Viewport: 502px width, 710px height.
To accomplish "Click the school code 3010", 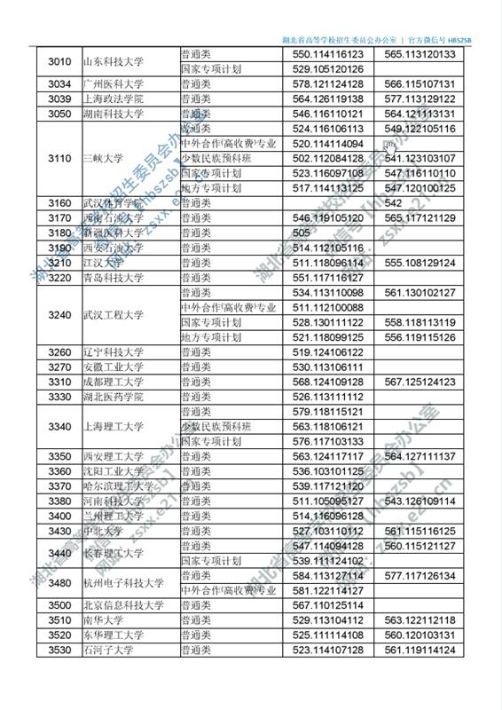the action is [59, 61].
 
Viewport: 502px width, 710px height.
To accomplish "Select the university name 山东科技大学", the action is [113, 61].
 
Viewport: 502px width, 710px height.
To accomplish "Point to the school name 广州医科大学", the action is [113, 83].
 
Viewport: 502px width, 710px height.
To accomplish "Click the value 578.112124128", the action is [327, 83].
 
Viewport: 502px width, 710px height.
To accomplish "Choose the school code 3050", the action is [59, 114].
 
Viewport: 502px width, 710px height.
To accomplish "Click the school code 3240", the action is [59, 315].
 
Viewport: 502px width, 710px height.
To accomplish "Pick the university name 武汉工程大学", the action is [113, 315].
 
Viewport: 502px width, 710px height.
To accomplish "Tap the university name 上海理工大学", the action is [113, 427].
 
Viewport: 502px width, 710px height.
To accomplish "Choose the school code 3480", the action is [59, 583].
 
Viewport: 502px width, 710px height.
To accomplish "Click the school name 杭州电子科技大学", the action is [122, 583].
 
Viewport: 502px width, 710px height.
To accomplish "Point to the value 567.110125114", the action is [327, 605].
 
